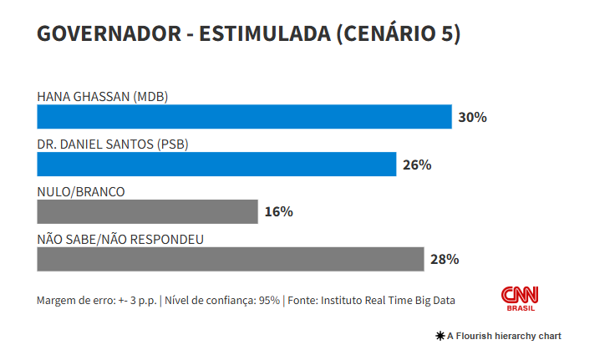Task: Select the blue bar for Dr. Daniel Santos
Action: pyautogui.click(x=216, y=165)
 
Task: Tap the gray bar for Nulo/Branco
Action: pyautogui.click(x=147, y=211)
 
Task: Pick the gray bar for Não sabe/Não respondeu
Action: pyautogui.click(x=230, y=259)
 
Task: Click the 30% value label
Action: pyautogui.click(x=472, y=118)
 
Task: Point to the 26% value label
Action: pyautogui.click(x=416, y=165)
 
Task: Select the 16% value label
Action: pyautogui.click(x=278, y=212)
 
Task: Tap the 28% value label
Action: pyautogui.click(x=445, y=259)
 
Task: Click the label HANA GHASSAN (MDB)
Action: pyautogui.click(x=103, y=96)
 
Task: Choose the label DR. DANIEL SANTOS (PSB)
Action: pyautogui.click(x=113, y=144)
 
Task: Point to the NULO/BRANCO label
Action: pyautogui.click(x=81, y=191)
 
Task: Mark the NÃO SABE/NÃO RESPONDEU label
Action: pyautogui.click(x=121, y=239)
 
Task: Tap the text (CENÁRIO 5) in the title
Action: pyautogui.click(x=399, y=34)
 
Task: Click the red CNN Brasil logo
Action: pyautogui.click(x=520, y=298)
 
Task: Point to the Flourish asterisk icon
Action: pyautogui.click(x=440, y=336)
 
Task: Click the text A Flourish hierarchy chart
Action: pyautogui.click(x=504, y=336)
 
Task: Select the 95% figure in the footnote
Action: pyautogui.click(x=269, y=301)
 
